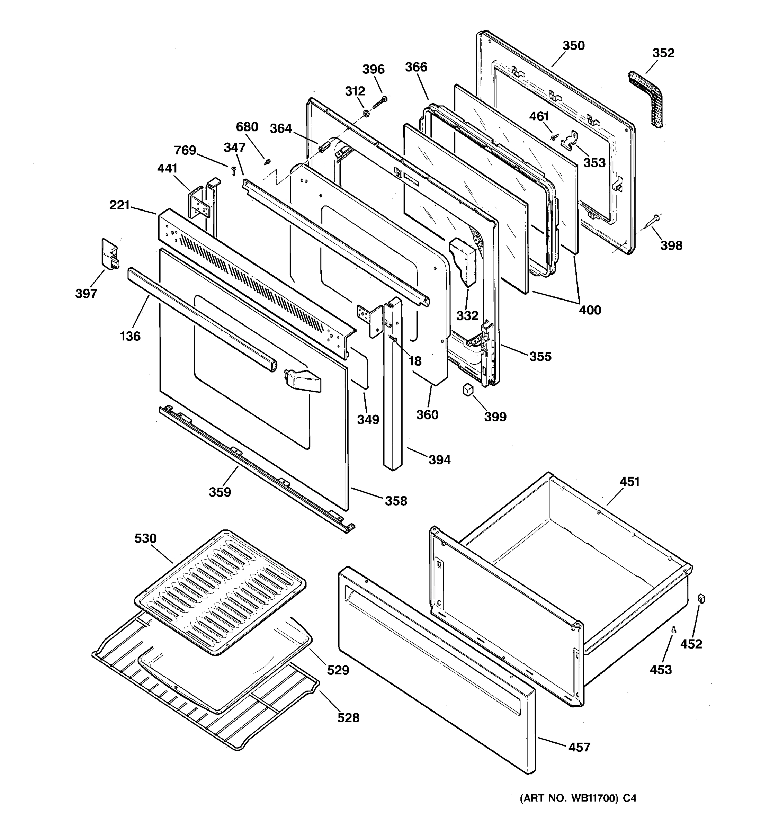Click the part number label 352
tap(663, 53)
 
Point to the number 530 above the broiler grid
tap(145, 538)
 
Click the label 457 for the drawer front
tap(579, 747)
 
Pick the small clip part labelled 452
tap(701, 599)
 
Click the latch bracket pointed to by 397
tap(109, 254)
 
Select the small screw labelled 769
tap(234, 170)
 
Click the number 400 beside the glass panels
tap(590, 310)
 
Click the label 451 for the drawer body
tap(629, 482)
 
